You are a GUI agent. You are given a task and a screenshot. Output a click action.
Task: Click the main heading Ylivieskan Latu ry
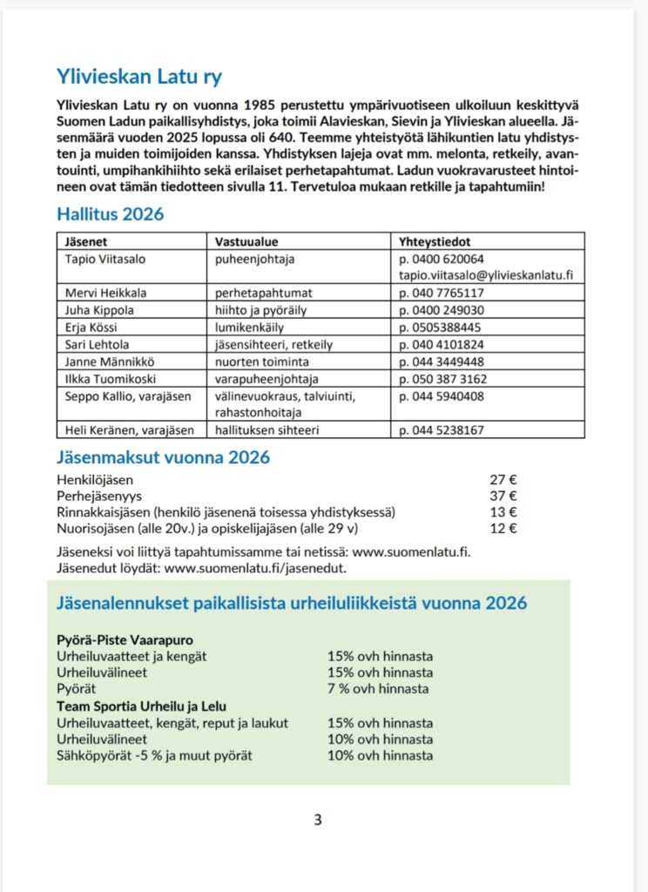coord(139,76)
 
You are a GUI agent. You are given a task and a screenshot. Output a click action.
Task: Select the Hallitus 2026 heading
coord(110,213)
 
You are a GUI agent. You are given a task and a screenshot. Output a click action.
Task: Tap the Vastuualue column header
coord(246,241)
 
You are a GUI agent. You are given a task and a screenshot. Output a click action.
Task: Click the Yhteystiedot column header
coord(435,241)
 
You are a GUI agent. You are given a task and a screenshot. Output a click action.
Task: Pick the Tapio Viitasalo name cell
coord(101,259)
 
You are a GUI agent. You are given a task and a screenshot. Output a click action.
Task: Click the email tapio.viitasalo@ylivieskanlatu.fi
coord(486,275)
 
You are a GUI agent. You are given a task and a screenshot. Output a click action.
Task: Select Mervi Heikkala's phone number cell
coord(442,293)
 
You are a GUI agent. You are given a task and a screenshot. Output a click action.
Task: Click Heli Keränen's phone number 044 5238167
coord(442,430)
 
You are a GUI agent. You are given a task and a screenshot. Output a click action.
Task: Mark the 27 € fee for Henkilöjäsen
coord(504,480)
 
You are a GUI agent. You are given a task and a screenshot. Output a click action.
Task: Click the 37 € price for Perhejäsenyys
coord(504,496)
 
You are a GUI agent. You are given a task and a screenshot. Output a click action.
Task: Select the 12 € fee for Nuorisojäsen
coord(504,528)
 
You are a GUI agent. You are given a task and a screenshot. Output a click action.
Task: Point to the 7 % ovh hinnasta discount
coord(378,688)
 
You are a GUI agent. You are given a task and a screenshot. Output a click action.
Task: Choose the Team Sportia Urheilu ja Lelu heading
coord(141,706)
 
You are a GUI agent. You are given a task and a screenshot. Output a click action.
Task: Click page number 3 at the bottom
coord(318,819)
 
